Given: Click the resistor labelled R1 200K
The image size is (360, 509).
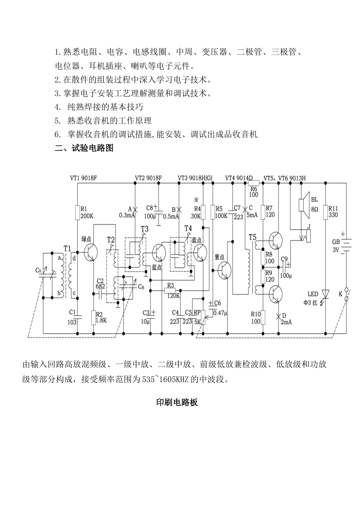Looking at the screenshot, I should click(77, 213).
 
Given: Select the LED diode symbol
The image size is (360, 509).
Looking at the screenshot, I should click(325, 294).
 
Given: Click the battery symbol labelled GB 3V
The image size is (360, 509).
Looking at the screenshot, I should click(343, 244).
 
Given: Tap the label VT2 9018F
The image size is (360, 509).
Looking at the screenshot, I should click(148, 178).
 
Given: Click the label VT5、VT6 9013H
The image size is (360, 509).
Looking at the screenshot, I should click(284, 178).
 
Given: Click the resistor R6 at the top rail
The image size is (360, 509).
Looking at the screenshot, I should click(253, 183).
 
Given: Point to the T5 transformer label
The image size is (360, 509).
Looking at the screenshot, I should click(252, 237).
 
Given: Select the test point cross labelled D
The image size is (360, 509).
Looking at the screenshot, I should click(279, 316).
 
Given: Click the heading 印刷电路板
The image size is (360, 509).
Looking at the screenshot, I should click(177, 403).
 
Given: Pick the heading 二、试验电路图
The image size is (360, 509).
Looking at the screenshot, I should click(84, 148).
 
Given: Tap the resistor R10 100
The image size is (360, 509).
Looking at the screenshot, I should click(263, 317).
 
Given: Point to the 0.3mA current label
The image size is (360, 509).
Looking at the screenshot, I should click(127, 215).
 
